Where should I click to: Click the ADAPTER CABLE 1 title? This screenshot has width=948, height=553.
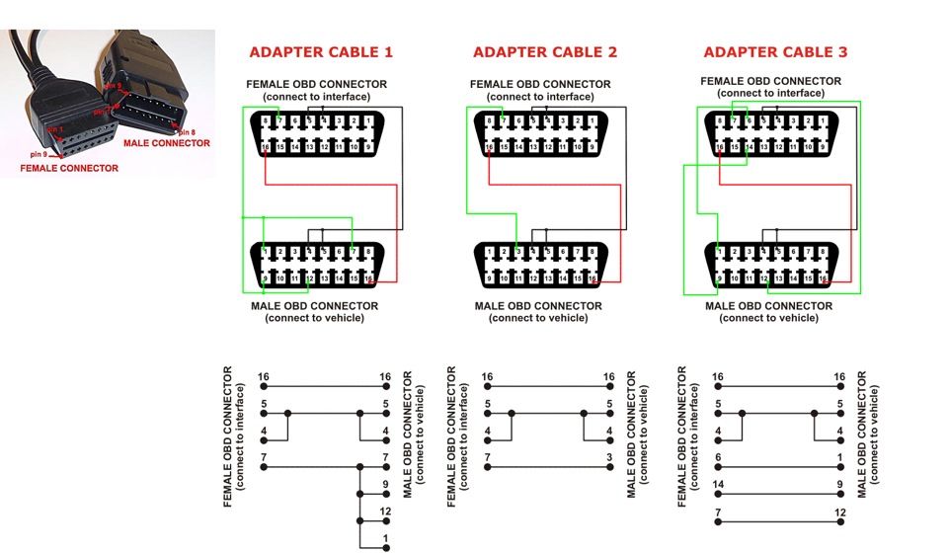320,52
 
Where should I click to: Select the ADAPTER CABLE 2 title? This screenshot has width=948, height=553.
544,52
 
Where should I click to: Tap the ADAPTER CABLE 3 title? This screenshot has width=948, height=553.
775,52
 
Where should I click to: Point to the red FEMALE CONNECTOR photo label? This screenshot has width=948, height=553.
69,169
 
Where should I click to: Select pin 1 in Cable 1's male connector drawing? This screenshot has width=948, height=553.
265,253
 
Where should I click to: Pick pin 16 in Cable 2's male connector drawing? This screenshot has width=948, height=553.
592,279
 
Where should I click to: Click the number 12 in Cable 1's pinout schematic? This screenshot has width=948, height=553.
385,513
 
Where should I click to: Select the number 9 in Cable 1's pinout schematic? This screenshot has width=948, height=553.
385,484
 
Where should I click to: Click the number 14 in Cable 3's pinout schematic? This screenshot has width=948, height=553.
718,484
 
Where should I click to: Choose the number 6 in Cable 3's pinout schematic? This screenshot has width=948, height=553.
718,457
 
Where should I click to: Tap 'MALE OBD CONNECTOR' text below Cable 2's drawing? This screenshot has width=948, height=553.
538,306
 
